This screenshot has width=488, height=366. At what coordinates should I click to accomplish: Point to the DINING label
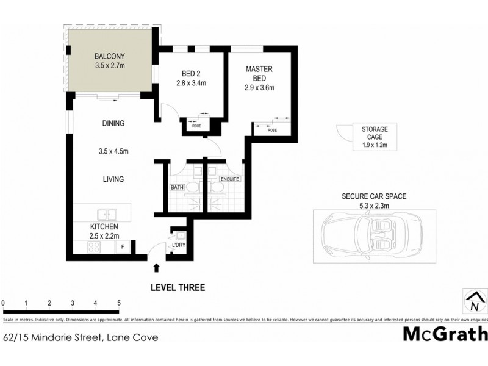point(113,123)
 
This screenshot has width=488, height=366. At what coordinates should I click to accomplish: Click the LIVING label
point(113,179)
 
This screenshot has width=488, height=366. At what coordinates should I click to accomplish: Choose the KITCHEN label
point(104,226)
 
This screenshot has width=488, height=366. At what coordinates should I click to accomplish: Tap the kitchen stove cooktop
point(95,247)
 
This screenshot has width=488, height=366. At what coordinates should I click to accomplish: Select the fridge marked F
point(123,247)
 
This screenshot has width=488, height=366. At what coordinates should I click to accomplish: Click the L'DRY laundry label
point(179,245)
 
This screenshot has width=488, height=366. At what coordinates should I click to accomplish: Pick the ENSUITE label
point(229,179)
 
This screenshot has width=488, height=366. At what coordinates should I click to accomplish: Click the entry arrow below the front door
point(156,267)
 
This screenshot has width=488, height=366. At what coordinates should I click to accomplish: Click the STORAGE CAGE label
point(375,133)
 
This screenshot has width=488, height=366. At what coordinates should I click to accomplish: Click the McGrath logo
point(445,334)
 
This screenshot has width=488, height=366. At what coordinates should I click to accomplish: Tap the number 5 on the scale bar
point(118,303)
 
